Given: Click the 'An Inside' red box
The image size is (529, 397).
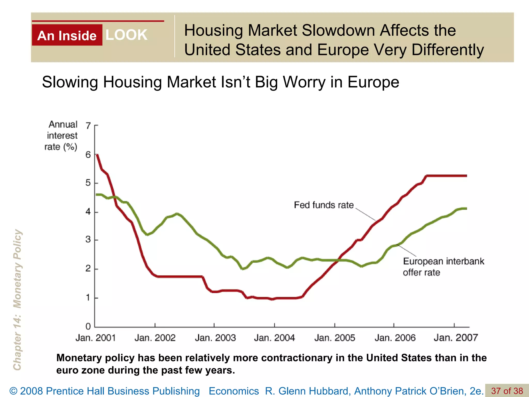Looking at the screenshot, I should point(67,35).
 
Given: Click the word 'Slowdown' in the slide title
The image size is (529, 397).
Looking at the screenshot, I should point(338,30).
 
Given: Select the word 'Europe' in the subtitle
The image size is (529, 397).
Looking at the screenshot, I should point(373,82).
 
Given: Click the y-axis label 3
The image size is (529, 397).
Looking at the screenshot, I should point(88,240).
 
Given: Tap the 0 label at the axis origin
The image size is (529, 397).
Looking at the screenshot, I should point(88,326).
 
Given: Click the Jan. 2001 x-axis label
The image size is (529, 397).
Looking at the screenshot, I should point(95,338).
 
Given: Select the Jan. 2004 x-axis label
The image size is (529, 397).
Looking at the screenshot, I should point(274,338).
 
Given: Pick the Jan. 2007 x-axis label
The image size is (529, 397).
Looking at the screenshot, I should point(456,338).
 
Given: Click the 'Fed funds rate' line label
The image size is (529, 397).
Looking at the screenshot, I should point(324,205).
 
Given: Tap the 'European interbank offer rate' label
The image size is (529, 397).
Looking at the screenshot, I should point(443,266).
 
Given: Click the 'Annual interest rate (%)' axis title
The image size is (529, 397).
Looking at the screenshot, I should point(62,135).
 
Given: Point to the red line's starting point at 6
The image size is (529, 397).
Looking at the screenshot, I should point(97,155).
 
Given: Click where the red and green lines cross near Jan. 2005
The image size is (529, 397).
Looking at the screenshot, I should point(337,260).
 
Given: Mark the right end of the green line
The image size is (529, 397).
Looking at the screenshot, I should point(466,208).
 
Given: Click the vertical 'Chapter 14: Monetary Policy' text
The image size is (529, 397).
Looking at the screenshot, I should point(17,300).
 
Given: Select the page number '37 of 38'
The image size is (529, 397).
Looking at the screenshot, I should point(507,391).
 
